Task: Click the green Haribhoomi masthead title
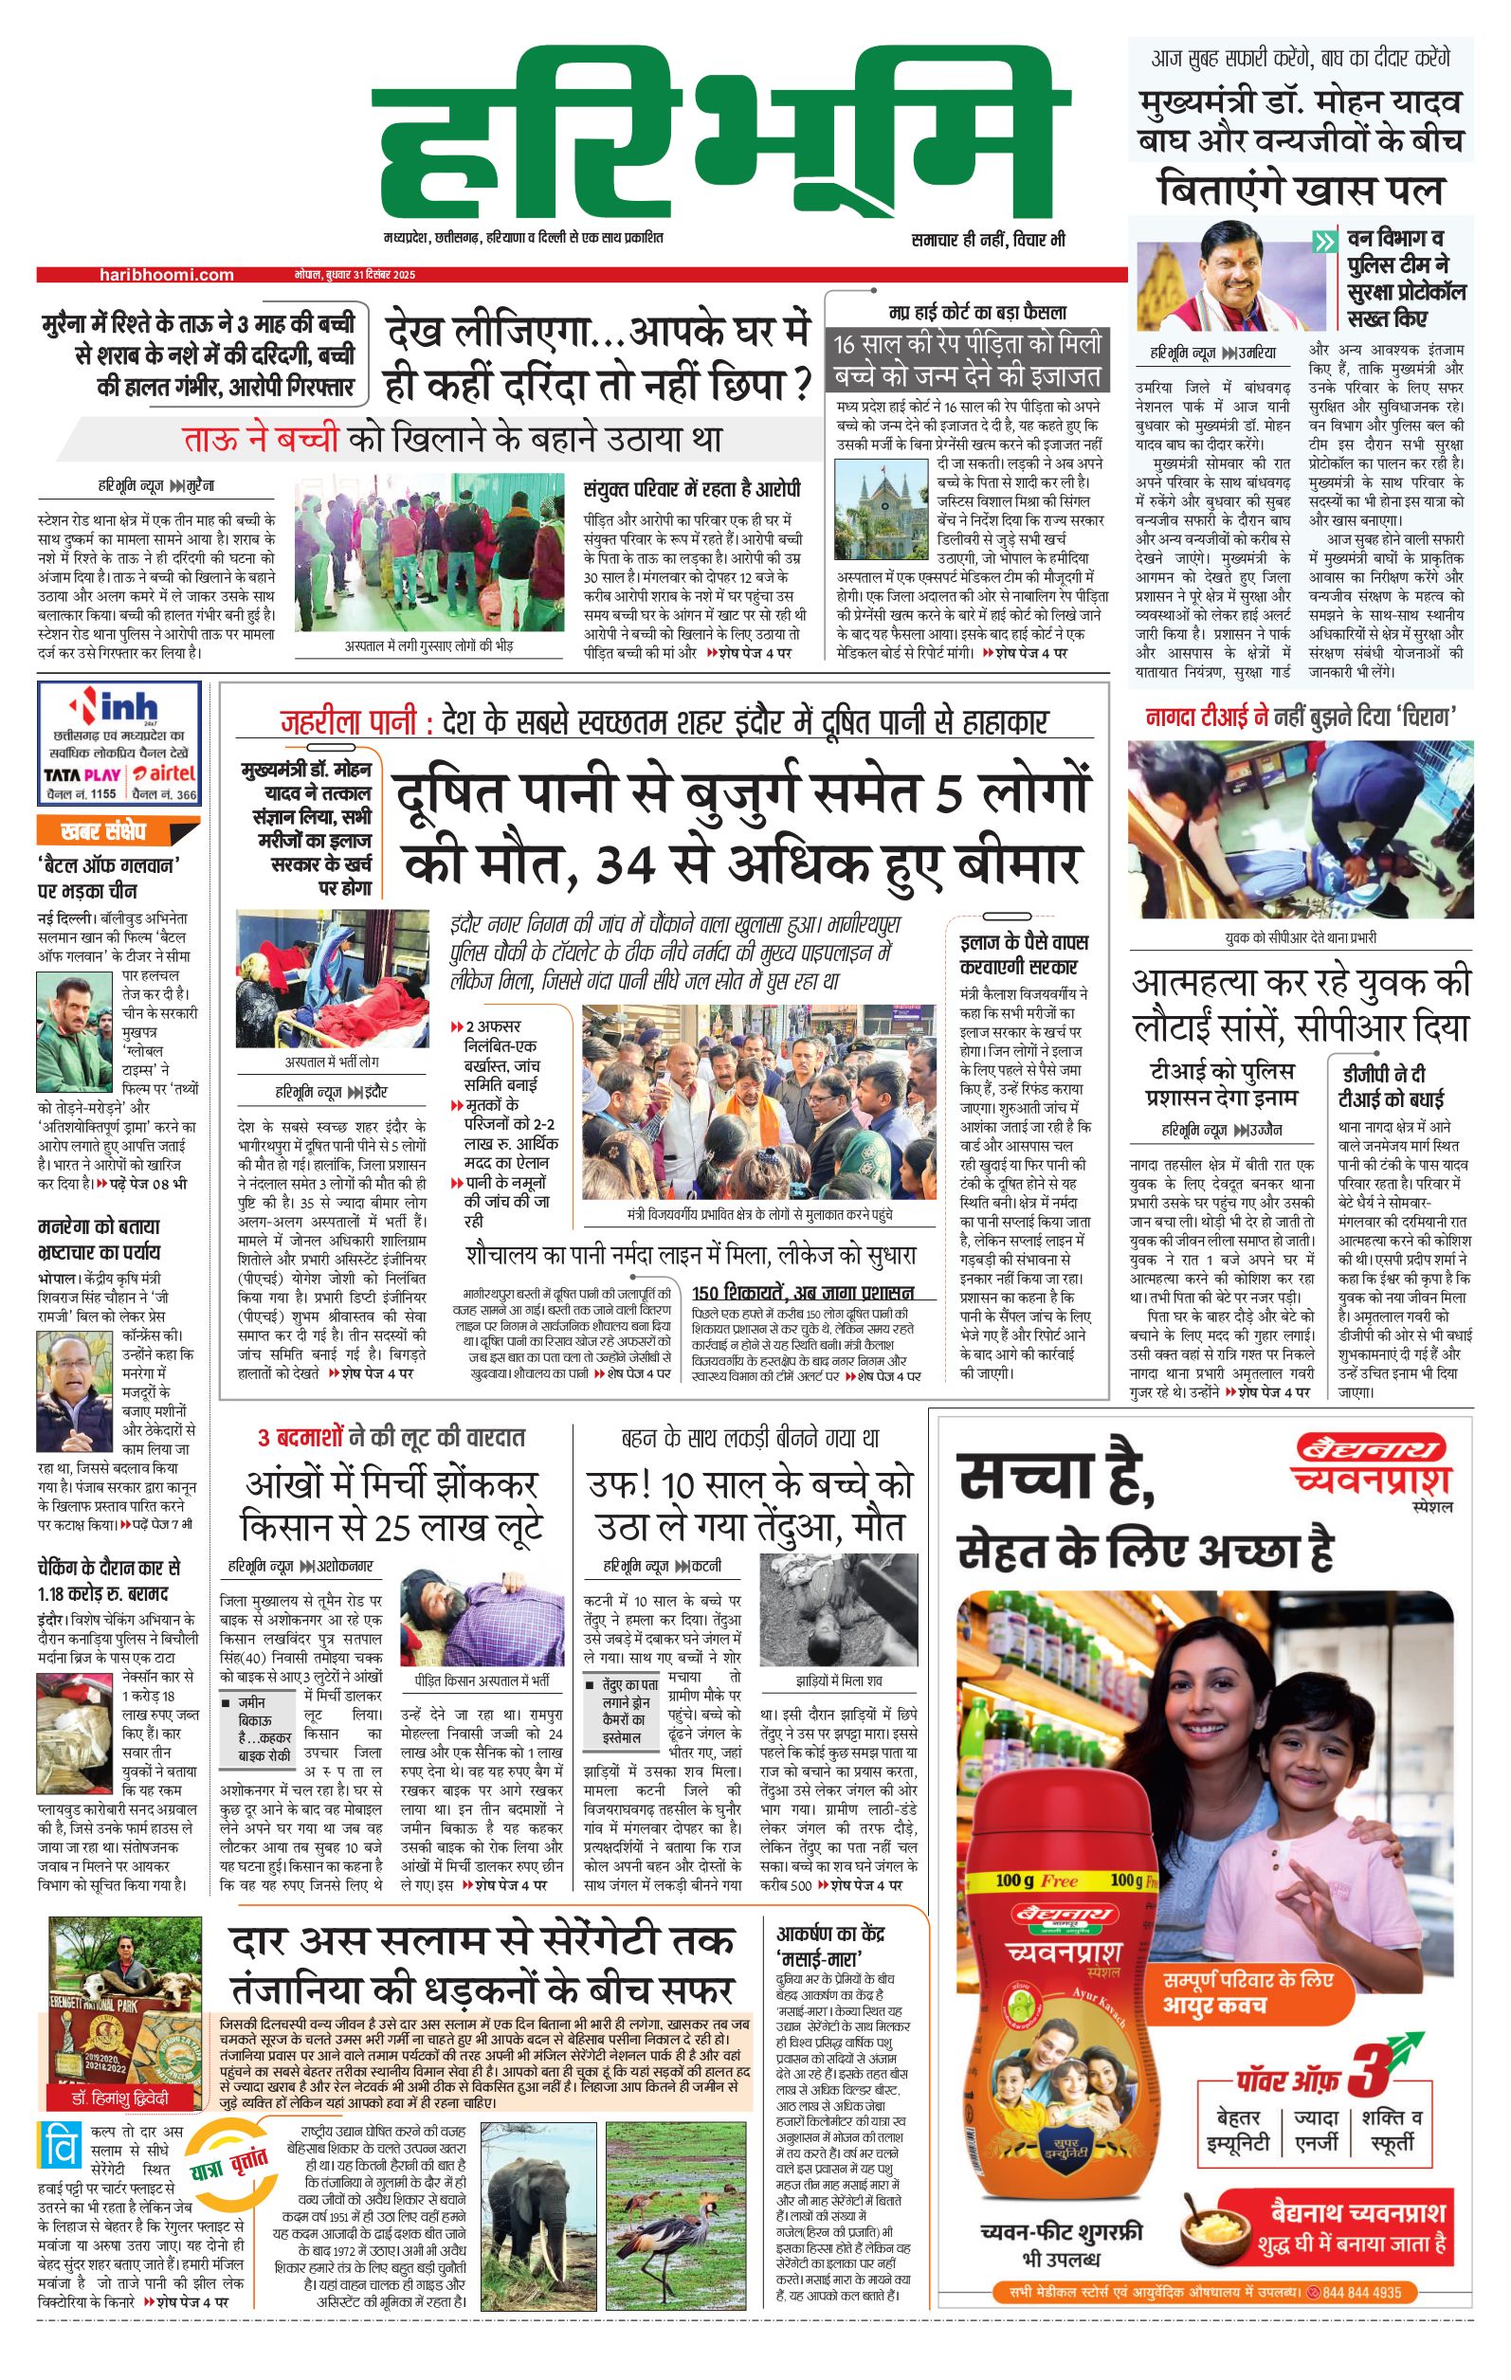[x=721, y=138]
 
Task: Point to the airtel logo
[x=164, y=773]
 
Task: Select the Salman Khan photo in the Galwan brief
[x=75, y=1031]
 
